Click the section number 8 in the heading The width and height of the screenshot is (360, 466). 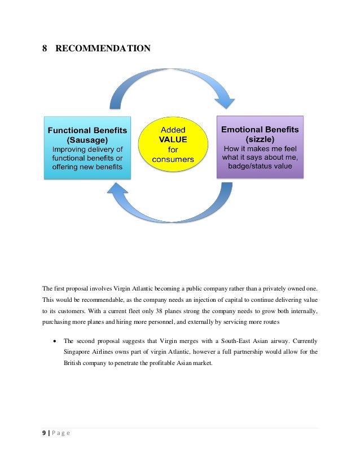(x=45, y=49)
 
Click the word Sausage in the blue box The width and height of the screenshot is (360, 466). (x=87, y=139)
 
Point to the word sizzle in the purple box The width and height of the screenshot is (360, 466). (x=260, y=139)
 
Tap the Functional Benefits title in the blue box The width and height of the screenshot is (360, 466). (x=87, y=130)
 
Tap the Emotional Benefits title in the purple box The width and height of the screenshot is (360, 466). (x=260, y=129)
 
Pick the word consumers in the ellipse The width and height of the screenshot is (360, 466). (x=173, y=159)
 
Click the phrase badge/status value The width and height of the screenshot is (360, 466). (x=260, y=166)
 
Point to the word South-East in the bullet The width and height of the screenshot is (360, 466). (x=243, y=341)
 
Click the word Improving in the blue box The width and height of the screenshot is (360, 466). (x=70, y=149)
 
